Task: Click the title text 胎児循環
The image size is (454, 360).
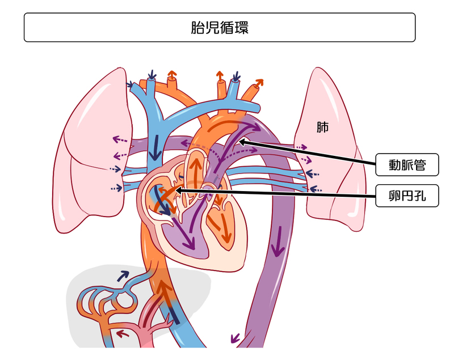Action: [x=219, y=28]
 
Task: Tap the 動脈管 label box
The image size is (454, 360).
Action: [x=407, y=166]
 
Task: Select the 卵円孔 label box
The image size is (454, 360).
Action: [x=407, y=196]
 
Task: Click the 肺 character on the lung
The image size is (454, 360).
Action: [x=322, y=127]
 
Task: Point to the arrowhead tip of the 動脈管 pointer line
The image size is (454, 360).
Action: [x=238, y=141]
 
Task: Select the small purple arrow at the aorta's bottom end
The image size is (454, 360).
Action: [x=235, y=338]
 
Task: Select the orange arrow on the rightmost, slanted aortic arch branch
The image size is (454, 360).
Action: [x=258, y=84]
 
